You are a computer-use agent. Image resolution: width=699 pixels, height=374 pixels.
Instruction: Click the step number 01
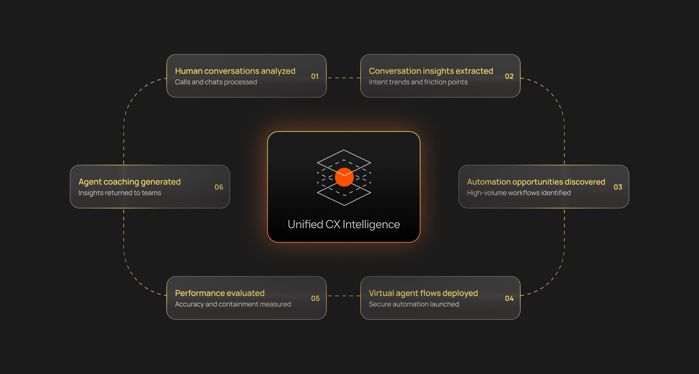coord(315,76)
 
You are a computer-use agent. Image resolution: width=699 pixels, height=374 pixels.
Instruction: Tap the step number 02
coord(509,76)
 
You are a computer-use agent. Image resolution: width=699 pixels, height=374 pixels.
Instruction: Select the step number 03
coord(618,187)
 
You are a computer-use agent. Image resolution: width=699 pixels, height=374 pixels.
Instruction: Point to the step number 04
coord(509,298)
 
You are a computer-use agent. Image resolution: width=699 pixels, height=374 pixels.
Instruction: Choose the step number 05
coord(315,298)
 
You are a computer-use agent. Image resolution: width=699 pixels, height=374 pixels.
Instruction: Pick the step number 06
coord(219,187)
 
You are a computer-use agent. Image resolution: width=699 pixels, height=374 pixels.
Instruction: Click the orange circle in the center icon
coord(344,177)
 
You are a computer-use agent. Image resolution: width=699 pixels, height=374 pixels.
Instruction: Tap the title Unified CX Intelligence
coord(344,224)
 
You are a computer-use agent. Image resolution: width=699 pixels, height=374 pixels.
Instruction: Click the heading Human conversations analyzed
coord(235,71)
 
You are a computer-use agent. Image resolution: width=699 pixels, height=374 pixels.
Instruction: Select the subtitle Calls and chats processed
coord(216,82)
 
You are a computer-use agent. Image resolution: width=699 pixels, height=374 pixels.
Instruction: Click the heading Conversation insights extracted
coord(431,71)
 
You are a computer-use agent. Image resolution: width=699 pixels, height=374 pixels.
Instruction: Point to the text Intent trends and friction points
coord(418,82)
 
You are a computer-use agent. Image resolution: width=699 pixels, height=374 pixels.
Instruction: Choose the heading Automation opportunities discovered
coord(536,182)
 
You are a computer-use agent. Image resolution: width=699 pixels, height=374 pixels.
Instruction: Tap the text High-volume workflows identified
coord(519,193)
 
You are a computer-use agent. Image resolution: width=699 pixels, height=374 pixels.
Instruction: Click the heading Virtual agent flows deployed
coord(423,293)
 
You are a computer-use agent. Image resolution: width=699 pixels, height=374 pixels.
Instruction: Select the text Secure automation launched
coord(414,304)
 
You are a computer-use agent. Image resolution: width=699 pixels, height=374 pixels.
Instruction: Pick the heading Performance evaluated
coord(219,293)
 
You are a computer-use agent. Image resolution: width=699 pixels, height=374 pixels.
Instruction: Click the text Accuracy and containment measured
coord(233,304)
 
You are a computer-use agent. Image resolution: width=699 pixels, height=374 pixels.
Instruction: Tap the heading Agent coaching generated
coord(129,182)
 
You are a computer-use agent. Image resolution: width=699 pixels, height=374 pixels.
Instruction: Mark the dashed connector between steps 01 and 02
coord(343,78)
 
